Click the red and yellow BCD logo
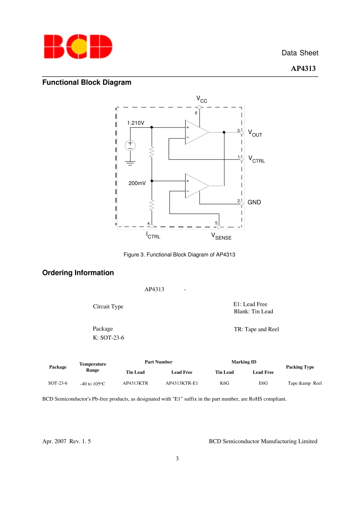tap(78, 47)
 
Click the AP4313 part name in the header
tap(303, 69)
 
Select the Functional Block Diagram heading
tap(87, 82)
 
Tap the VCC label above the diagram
tap(201, 99)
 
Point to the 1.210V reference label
tap(136, 123)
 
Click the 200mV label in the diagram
tap(137, 183)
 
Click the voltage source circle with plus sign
tap(130, 145)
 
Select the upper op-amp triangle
tap(195, 132)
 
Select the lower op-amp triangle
tap(195, 186)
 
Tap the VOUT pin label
tap(255, 133)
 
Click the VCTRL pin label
tap(257, 159)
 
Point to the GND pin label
tap(254, 202)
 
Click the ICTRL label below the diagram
tap(153, 235)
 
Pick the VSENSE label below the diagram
tap(221, 237)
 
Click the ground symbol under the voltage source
tap(130, 163)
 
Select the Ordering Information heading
tap(78, 273)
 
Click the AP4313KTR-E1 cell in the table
tap(182, 383)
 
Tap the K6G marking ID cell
tap(224, 383)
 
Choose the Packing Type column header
tap(300, 367)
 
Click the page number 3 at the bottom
tap(177, 459)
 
